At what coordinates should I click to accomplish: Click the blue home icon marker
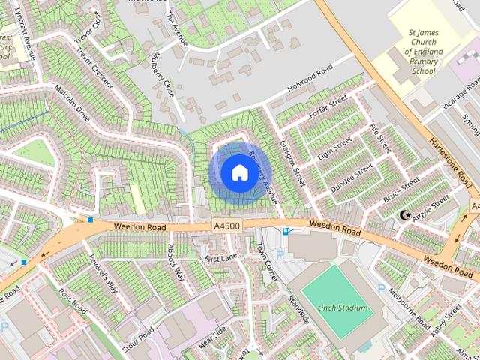[x=238, y=172]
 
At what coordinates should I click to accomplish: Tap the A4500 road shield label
[x=226, y=226]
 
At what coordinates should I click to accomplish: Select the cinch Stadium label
[x=342, y=307]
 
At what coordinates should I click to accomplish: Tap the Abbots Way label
[x=175, y=262]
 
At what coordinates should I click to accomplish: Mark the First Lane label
[x=220, y=258]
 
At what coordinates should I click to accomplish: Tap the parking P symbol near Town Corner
[x=280, y=255]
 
